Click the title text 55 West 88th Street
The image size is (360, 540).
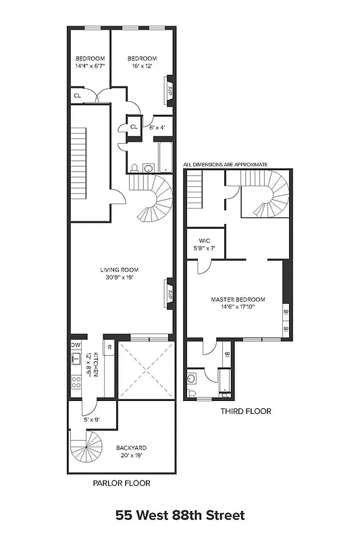pyautogui.click(x=180, y=516)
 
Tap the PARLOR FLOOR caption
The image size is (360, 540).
pyautogui.click(x=121, y=483)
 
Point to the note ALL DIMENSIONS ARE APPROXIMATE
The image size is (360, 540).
pyautogui.click(x=226, y=164)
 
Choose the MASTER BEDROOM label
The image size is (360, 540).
pyautogui.click(x=238, y=302)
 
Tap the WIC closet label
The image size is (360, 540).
pyautogui.click(x=206, y=245)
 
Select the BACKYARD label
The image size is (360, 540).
pyautogui.click(x=131, y=451)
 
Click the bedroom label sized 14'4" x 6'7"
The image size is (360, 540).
pyautogui.click(x=88, y=62)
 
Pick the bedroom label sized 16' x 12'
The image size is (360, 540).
pyautogui.click(x=143, y=62)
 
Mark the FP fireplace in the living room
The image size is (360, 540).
pyautogui.click(x=170, y=294)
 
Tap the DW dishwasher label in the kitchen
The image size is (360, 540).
pyautogui.click(x=76, y=344)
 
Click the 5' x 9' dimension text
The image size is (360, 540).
pyautogui.click(x=91, y=421)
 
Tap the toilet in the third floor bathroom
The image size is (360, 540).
pyautogui.click(x=192, y=392)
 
